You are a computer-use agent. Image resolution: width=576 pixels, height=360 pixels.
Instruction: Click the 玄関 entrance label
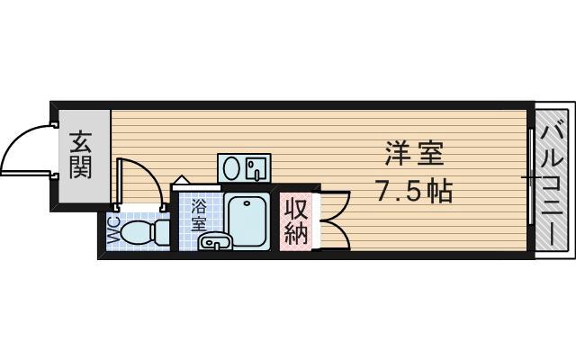82,154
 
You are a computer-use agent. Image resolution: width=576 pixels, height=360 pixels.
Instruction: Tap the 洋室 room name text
414,155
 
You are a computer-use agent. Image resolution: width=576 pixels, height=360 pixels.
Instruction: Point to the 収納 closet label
297,220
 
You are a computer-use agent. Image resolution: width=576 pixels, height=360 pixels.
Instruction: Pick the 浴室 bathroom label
198,215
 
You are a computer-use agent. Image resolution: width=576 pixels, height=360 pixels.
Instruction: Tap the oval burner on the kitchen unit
232,168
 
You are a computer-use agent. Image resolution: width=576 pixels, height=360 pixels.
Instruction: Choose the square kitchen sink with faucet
256,168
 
